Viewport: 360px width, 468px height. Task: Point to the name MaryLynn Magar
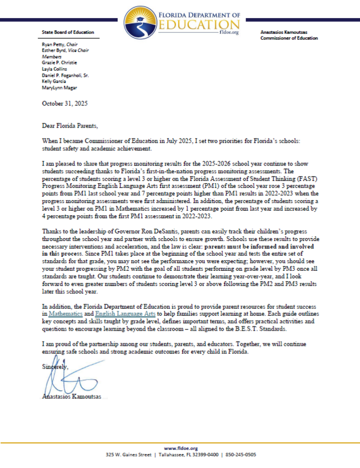[59, 88]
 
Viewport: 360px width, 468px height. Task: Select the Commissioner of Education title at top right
[289, 39]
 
